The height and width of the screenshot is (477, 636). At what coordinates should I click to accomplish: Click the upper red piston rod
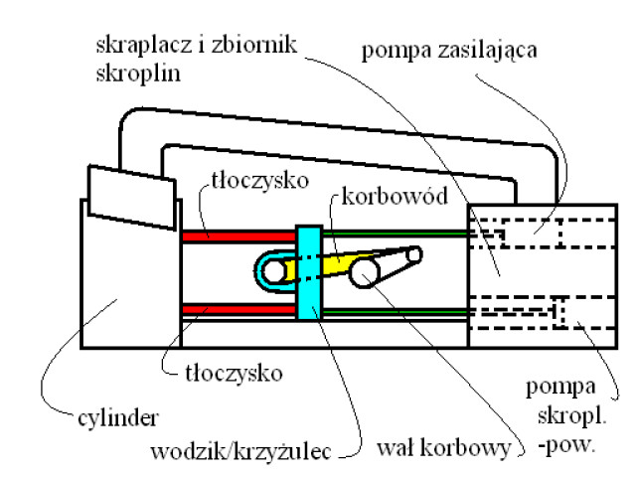(238, 236)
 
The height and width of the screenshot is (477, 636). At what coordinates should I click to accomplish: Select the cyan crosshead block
(308, 273)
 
